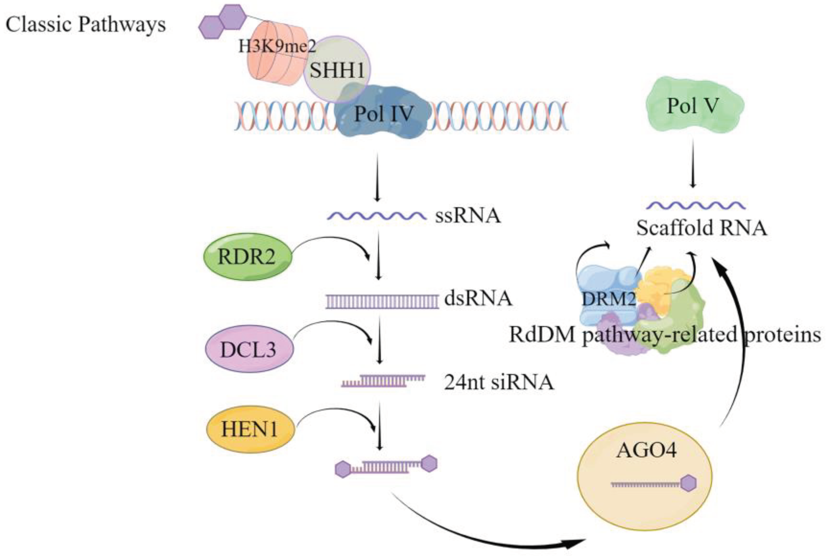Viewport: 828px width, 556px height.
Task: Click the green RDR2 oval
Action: (247, 256)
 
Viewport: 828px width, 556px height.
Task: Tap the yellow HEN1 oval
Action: (250, 430)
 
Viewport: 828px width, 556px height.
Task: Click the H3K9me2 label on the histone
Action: (277, 46)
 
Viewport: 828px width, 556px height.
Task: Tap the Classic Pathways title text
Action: (86, 25)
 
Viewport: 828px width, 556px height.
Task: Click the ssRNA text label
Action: (468, 215)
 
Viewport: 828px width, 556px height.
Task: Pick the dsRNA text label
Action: (478, 299)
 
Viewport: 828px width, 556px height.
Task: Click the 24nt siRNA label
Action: (499, 383)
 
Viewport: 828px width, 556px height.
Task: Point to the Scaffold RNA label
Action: (701, 228)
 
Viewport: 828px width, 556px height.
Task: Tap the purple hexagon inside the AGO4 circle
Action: (689, 483)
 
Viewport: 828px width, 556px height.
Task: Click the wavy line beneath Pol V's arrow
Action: (695, 205)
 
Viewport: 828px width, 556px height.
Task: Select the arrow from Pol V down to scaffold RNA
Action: (693, 163)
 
